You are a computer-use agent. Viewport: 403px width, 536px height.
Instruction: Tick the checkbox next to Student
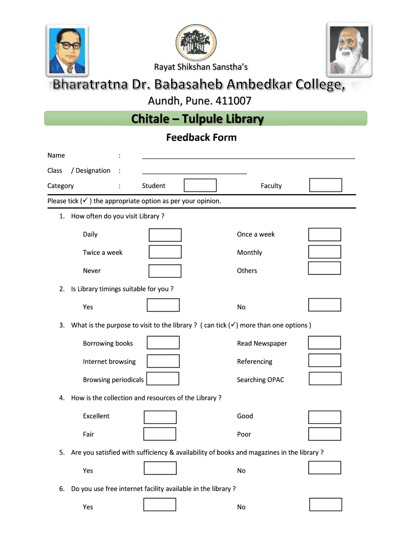pos(200,185)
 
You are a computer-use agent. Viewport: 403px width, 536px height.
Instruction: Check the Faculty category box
pos(326,185)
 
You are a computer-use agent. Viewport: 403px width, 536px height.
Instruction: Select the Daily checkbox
pos(165,235)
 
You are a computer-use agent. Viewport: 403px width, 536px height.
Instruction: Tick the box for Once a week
pos(324,234)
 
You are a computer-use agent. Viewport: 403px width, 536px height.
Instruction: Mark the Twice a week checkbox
pos(165,252)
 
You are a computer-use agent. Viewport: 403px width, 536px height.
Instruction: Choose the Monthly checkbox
pos(324,252)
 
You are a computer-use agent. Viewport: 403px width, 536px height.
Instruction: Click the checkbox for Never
pos(165,271)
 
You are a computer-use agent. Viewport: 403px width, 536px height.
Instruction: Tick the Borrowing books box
pos(163,343)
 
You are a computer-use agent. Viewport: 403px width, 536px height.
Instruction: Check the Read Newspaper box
pos(324,343)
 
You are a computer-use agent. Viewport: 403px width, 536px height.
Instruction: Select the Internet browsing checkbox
pos(163,361)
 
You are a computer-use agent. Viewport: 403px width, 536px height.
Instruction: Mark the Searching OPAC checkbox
pos(325,379)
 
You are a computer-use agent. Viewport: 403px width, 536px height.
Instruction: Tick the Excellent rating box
pos(160,417)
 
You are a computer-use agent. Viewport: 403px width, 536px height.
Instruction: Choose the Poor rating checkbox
pos(324,434)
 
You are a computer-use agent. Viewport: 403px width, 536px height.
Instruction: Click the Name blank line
pos(248,157)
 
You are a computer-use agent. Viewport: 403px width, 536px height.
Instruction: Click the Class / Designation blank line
pos(194,172)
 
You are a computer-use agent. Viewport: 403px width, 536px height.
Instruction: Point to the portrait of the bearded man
pos(349,49)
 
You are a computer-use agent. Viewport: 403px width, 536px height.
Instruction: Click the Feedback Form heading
pos(201,138)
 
